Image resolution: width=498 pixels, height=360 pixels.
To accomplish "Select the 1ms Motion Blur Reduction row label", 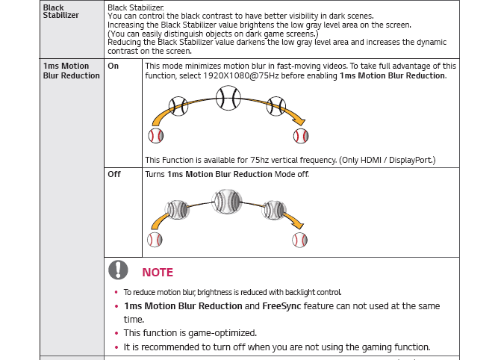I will [71, 71].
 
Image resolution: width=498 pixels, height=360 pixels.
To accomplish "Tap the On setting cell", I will [113, 66].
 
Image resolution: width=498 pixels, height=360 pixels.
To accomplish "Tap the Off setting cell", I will [114, 174].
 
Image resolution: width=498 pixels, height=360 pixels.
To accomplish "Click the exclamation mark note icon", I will [118, 270].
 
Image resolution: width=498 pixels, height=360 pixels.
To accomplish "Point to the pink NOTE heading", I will [158, 273].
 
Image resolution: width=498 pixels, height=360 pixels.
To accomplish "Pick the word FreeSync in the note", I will [284, 306].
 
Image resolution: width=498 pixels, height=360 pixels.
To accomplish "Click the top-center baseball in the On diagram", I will [228, 97].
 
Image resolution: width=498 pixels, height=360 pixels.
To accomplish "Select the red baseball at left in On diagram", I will [156, 136].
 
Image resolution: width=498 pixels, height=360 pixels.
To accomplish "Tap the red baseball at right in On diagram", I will [301, 136].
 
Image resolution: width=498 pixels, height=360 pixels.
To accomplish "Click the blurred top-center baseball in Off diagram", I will [228, 202].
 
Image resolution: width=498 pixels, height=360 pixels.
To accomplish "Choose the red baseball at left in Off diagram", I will [155, 240].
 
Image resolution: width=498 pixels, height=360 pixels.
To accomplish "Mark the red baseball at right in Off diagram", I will [300, 240].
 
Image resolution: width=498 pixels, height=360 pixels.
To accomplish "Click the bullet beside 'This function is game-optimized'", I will [116, 333].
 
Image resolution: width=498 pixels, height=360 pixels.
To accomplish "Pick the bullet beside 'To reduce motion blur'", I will [116, 293].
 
